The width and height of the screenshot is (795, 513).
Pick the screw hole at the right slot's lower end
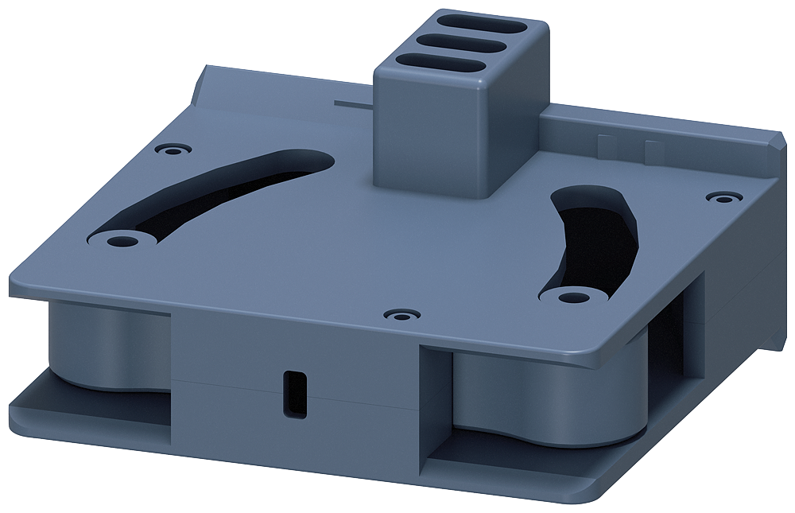(567, 297)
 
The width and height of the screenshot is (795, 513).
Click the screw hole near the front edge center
(401, 315)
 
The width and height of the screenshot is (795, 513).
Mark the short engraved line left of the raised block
(354, 103)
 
